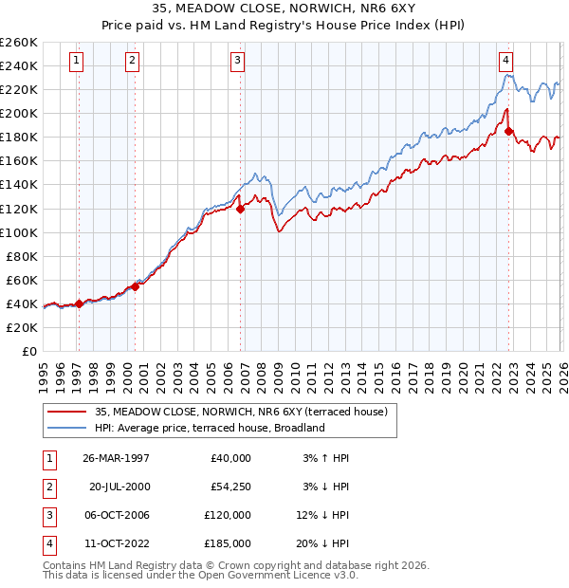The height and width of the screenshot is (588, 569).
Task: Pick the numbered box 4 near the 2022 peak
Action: pyautogui.click(x=506, y=59)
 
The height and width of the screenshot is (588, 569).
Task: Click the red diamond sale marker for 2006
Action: pyautogui.click(x=240, y=209)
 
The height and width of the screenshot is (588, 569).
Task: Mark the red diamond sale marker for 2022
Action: pyautogui.click(x=509, y=131)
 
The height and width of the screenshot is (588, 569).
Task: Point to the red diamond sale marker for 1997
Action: pyautogui.click(x=79, y=303)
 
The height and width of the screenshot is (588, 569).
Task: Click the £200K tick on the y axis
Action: pyautogui.click(x=19, y=113)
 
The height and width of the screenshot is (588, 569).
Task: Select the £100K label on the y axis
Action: pyautogui.click(x=19, y=232)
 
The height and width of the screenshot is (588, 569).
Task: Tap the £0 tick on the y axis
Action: pyautogui.click(x=28, y=351)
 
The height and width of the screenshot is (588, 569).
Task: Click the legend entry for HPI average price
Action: pyautogui.click(x=210, y=428)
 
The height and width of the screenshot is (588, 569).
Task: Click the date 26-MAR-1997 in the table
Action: pyautogui.click(x=116, y=458)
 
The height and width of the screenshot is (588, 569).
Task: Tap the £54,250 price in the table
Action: pyautogui.click(x=229, y=487)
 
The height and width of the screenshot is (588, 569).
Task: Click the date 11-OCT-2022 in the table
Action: pyautogui.click(x=116, y=543)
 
